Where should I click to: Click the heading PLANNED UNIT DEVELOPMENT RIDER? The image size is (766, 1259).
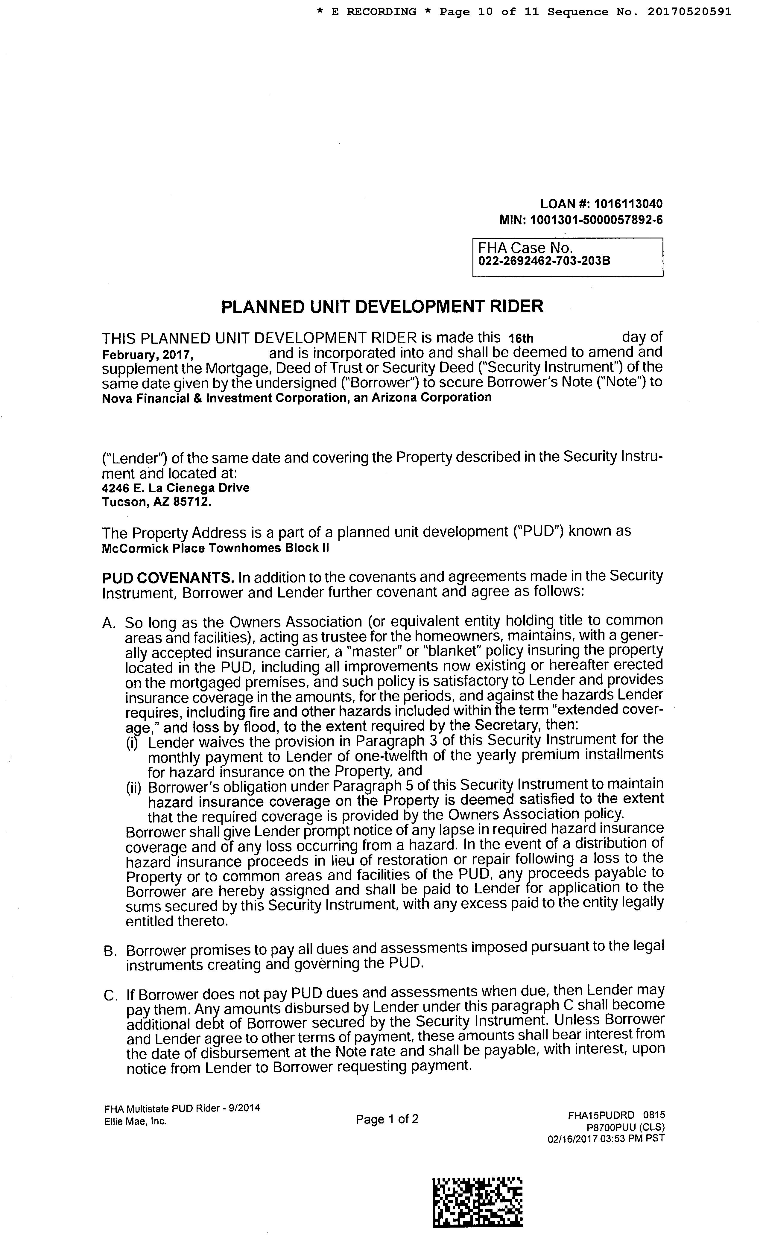click(382, 307)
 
